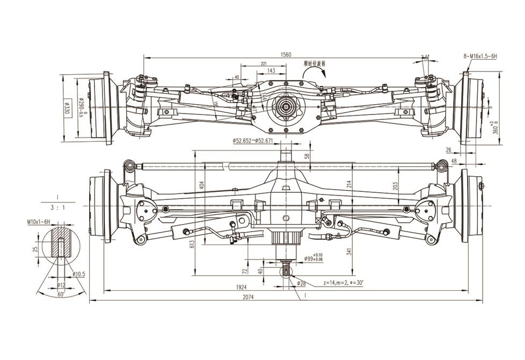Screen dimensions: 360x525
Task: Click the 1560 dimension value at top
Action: pos(286,54)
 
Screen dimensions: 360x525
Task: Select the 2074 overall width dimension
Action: pos(249,297)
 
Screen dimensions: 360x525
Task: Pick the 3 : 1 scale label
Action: pos(57,206)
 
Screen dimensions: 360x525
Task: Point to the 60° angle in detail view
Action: pos(61,295)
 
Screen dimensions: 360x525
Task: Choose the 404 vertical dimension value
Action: pos(202,184)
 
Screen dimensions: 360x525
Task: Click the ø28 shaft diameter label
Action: pos(300,283)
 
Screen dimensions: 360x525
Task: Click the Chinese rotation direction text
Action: pos(315,63)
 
